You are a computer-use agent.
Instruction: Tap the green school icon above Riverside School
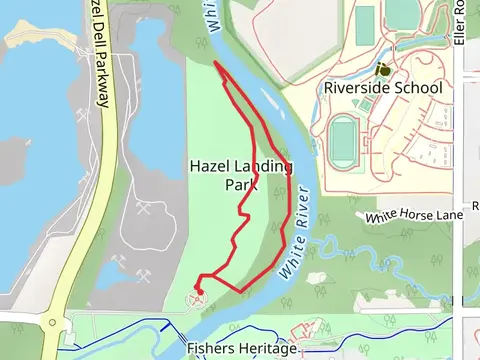point(383,70)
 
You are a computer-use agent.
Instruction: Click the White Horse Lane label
point(414,215)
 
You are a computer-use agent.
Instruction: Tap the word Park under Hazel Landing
point(228,184)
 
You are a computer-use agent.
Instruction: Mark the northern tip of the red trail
point(216,62)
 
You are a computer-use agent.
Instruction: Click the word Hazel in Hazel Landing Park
point(209,166)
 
